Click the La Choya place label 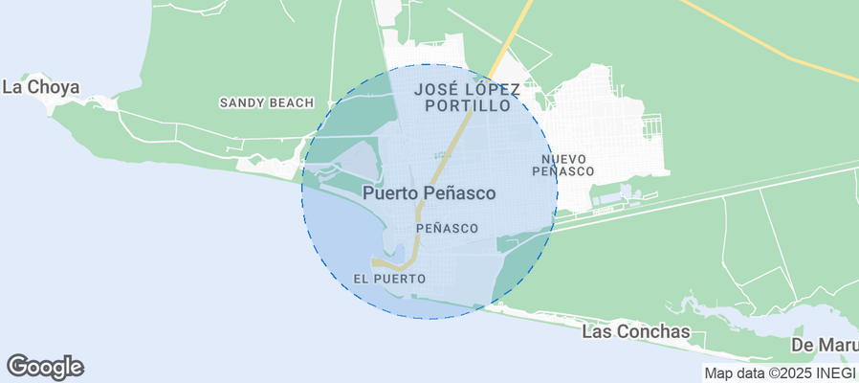(x=40, y=87)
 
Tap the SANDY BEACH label (x=266, y=102)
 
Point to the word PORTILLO (x=468, y=106)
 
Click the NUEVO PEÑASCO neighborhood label (x=562, y=165)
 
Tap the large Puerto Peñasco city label (x=429, y=193)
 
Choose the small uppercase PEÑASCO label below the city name (x=447, y=229)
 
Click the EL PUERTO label (x=388, y=279)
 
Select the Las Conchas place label (x=635, y=331)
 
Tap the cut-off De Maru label (x=824, y=345)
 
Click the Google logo (x=45, y=366)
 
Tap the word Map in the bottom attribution (x=719, y=372)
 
